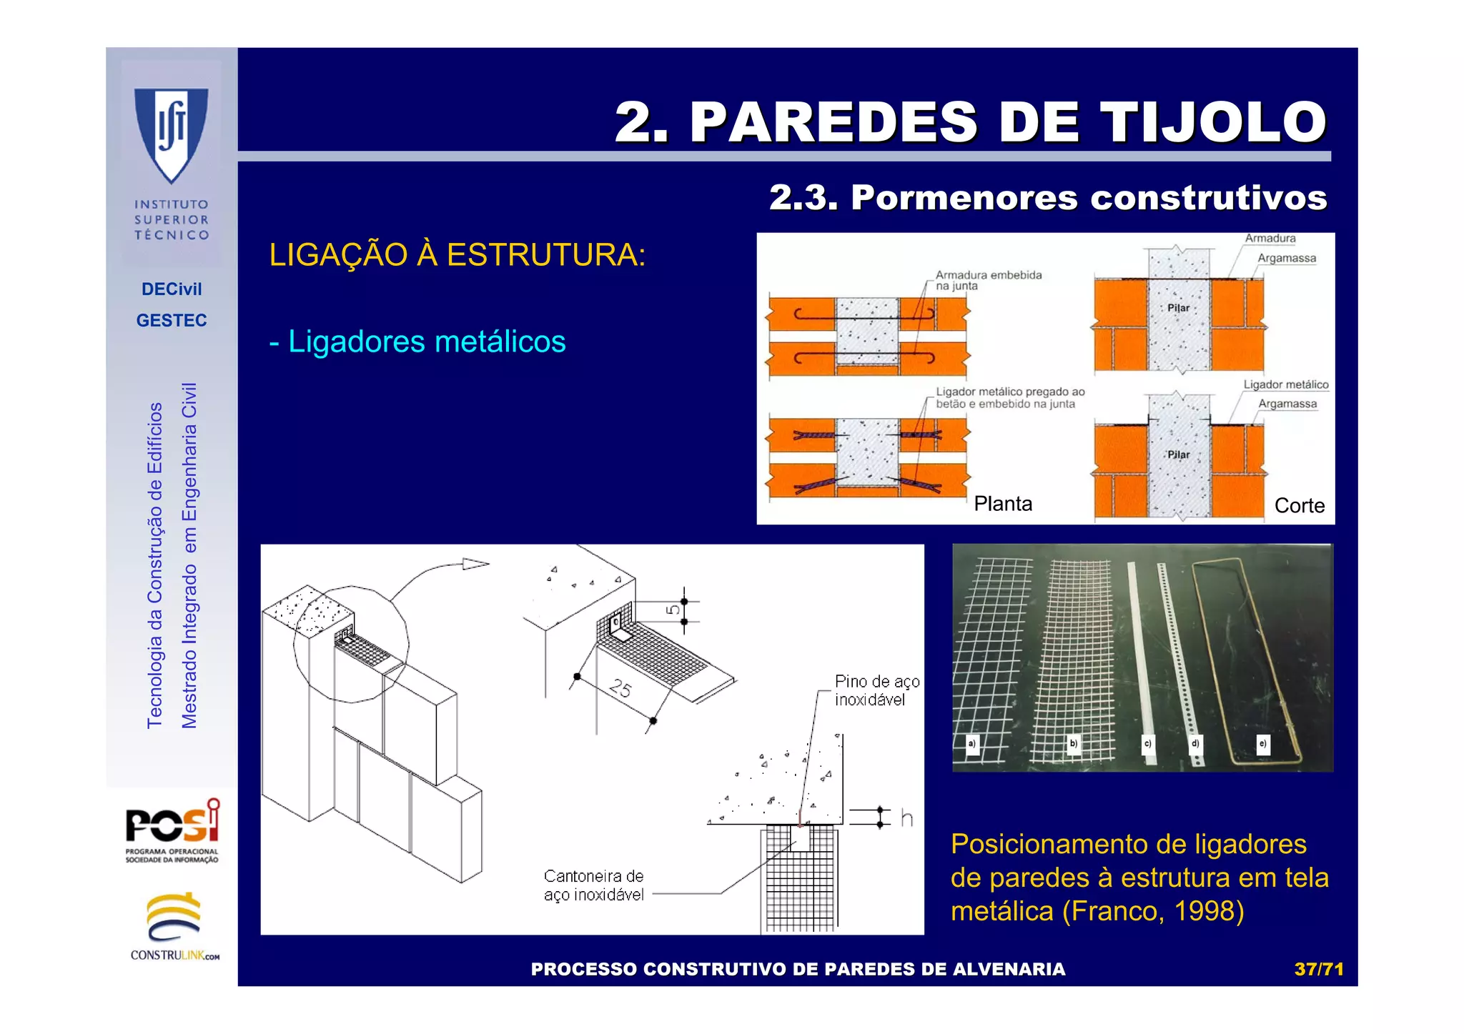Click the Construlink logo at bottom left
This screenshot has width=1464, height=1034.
174,926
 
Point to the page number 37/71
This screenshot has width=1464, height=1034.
1319,969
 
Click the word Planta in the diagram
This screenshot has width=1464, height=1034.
1003,504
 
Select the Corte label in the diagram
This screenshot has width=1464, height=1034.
1299,505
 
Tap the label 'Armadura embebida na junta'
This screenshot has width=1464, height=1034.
988,280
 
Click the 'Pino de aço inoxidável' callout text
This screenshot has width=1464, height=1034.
876,690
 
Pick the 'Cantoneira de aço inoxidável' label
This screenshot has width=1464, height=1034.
593,885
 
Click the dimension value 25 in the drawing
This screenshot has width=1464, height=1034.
620,688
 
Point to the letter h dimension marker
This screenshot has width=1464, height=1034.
906,818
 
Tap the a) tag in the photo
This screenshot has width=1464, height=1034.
971,743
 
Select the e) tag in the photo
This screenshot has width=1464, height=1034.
1262,743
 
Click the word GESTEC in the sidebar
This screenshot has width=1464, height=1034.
172,320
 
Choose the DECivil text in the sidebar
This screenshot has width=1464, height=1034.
172,289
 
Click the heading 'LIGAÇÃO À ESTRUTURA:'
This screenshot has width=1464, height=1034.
457,255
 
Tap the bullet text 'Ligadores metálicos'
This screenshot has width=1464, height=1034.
427,342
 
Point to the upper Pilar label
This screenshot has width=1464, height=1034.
1178,308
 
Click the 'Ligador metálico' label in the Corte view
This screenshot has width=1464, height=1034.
1285,384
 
